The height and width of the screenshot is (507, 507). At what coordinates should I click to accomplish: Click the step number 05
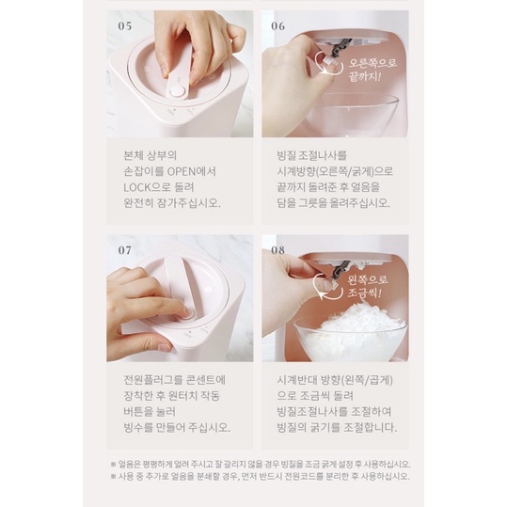point(125,26)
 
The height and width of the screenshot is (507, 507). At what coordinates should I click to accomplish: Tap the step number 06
point(278,26)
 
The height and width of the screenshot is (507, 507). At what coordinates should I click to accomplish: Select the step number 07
point(125,250)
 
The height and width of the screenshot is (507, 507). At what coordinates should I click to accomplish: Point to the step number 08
point(278,250)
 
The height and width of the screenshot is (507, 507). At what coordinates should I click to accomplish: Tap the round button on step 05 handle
point(177,91)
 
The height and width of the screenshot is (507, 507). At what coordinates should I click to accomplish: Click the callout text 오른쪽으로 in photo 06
point(372,63)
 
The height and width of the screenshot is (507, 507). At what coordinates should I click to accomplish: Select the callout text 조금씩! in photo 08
point(364,293)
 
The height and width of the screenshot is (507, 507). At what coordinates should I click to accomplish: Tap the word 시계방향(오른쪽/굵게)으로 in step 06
point(335,171)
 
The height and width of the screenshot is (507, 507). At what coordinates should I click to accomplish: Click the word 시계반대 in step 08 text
point(296,380)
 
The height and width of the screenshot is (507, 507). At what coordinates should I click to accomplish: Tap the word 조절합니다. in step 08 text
point(371,427)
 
